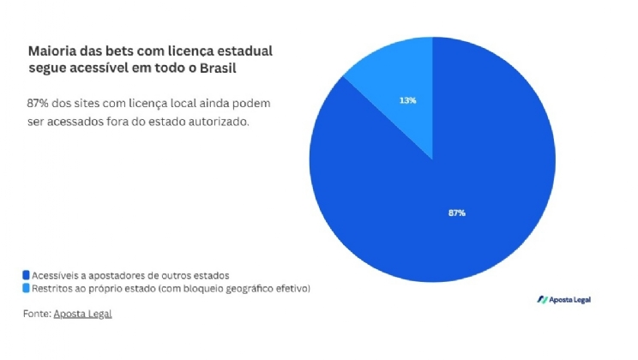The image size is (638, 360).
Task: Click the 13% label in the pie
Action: point(407,100)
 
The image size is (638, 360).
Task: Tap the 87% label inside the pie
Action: point(456,213)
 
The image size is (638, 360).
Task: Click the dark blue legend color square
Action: point(26,275)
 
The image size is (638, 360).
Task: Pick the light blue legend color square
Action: point(26,289)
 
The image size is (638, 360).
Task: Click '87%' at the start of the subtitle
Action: point(37,104)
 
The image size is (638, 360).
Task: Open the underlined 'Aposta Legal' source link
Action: point(82,314)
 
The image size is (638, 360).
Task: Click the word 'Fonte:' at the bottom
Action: point(37,314)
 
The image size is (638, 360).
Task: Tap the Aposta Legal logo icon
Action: point(542,299)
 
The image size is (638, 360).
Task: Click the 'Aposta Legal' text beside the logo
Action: point(570,299)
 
